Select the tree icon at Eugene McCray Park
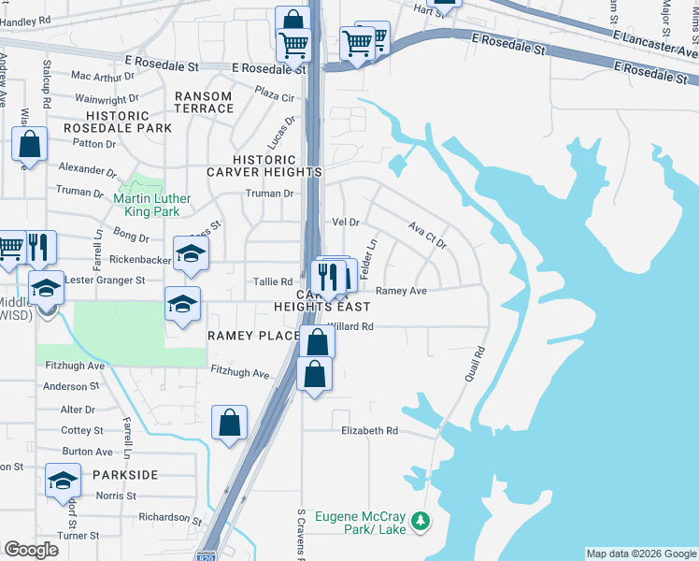(421, 519)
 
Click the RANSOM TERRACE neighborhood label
(203, 102)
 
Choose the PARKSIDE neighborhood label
(125, 475)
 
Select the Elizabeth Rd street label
(369, 431)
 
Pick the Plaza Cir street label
(275, 93)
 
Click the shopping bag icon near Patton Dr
(29, 145)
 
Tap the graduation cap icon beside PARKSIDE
(63, 481)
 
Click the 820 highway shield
(207, 555)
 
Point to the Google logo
(31, 550)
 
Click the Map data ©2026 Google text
(640, 554)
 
